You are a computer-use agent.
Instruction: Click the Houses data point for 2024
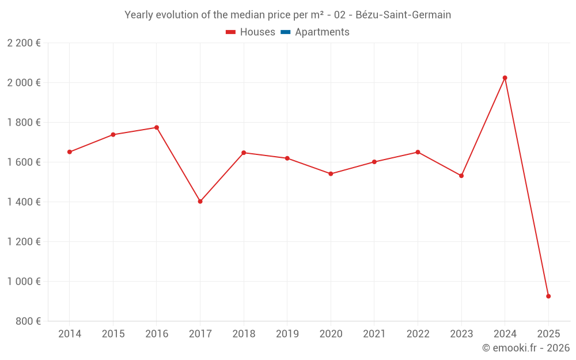click(x=505, y=78)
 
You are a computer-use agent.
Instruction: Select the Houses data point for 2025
click(x=548, y=296)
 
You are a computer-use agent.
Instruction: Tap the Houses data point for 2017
click(x=200, y=202)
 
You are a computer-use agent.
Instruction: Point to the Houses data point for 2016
click(x=157, y=127)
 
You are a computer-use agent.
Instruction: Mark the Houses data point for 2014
click(x=70, y=152)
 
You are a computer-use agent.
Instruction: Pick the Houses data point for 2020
click(x=331, y=173)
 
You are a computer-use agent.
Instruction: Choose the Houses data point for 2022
click(x=418, y=152)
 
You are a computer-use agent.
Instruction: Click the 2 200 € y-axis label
click(x=24, y=43)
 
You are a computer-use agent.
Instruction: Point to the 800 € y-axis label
click(x=28, y=321)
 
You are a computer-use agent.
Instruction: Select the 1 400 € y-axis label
click(x=24, y=202)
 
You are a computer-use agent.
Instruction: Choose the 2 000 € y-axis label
click(x=24, y=83)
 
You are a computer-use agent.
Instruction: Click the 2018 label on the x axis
click(x=244, y=334)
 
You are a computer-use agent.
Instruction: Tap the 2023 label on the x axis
click(x=461, y=334)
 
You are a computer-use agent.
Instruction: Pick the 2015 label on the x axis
click(x=113, y=334)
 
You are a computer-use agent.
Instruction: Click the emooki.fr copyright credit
click(x=525, y=348)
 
